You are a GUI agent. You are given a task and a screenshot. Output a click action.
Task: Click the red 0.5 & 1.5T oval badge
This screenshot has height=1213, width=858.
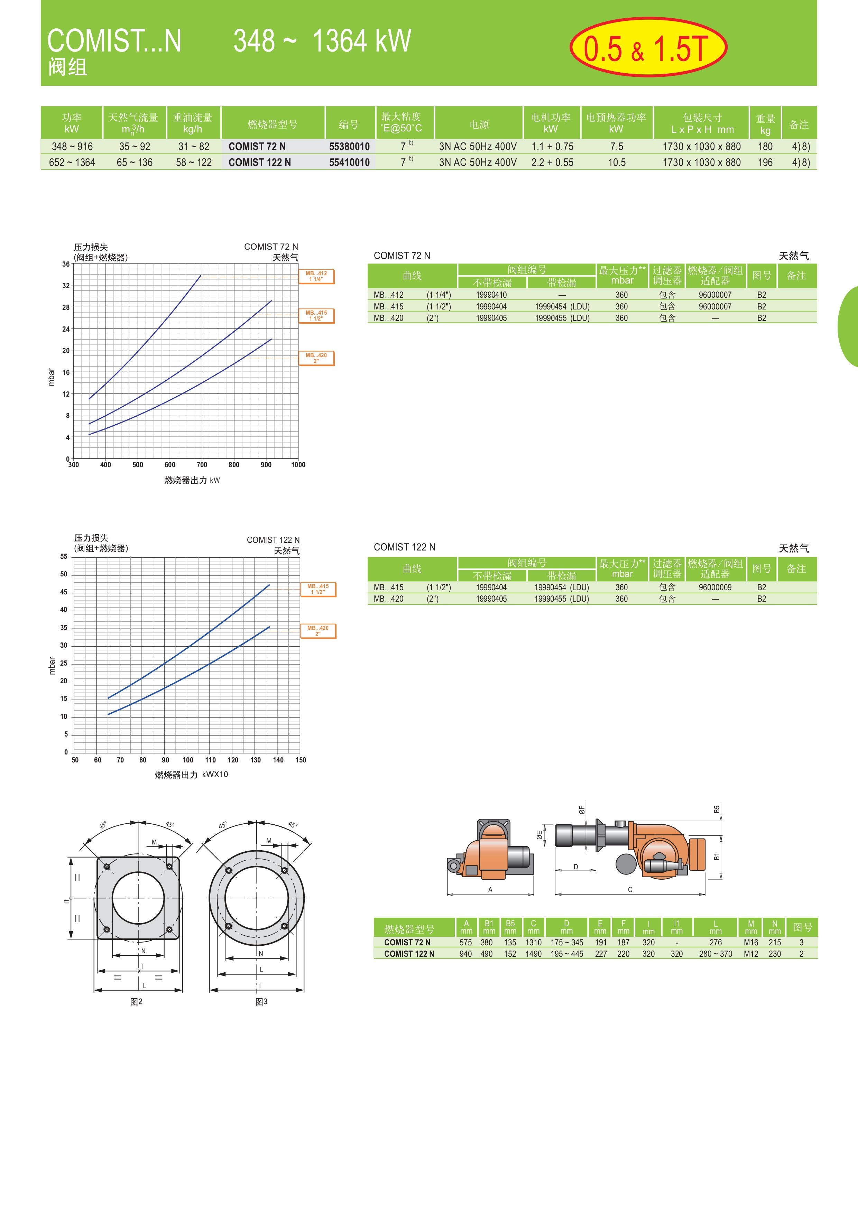tap(648, 48)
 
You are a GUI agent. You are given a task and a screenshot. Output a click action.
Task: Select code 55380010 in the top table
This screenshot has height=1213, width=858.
tap(349, 146)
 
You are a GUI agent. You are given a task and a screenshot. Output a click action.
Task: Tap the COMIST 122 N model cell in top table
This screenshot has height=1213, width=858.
tap(259, 162)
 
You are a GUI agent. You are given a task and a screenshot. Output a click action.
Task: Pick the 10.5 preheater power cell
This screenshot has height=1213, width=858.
tap(617, 162)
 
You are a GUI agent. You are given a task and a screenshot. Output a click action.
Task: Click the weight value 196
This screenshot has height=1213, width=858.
tap(765, 162)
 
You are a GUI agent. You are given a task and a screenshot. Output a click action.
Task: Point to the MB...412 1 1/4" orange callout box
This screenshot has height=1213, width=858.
tap(316, 276)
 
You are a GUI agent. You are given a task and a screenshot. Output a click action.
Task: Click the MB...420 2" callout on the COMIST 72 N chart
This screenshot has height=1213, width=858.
tap(316, 358)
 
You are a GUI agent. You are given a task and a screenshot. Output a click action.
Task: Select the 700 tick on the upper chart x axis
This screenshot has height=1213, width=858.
tap(202, 465)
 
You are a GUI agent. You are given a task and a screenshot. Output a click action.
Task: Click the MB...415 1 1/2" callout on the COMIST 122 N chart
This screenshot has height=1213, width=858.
tap(318, 589)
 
